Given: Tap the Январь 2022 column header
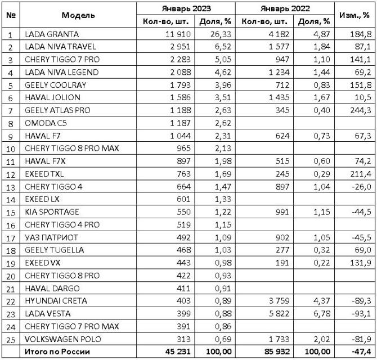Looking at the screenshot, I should coord(285,8).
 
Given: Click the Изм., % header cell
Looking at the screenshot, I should coord(354,15).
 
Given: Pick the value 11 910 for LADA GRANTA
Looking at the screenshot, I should coord(177,34).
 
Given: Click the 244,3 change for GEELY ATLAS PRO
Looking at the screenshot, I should coord(360,110).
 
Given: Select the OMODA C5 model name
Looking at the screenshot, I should coord(46,123).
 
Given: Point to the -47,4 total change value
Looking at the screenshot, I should coord(361,353).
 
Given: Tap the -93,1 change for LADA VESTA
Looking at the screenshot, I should coord(361,314).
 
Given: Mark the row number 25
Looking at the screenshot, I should coord(10,340).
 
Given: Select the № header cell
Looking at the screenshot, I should coord(10,15).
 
